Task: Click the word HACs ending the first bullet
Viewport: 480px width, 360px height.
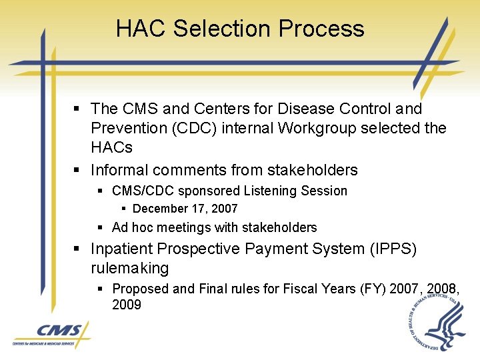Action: click(111, 147)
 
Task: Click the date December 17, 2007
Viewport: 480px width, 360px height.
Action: click(185, 209)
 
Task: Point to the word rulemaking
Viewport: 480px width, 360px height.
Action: click(129, 268)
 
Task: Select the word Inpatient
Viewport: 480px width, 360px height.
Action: click(122, 249)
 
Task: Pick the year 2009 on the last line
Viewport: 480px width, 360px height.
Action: click(127, 305)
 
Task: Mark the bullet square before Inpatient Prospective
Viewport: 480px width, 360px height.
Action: click(77, 249)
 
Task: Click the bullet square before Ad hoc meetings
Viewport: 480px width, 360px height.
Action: click(99, 227)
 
